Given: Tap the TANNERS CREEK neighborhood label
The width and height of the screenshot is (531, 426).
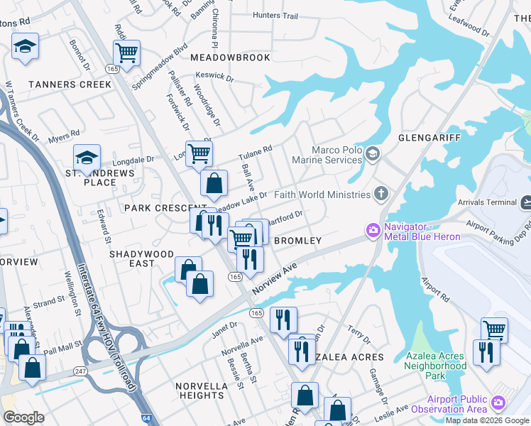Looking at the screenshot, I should click(70, 84).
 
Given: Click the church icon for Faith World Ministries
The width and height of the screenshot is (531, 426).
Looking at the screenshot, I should click(381, 194).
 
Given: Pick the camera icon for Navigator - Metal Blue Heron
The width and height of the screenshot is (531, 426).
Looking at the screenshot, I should click(373, 230).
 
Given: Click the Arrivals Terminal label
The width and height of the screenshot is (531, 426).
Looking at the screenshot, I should click(491, 202).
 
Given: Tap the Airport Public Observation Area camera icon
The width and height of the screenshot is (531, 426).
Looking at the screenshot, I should click(498, 403).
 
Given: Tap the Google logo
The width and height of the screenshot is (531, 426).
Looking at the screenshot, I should click(23, 417).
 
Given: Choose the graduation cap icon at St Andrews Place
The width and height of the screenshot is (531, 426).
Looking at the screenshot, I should click(87, 158).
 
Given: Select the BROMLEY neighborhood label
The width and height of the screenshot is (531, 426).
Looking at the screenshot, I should click(298, 241).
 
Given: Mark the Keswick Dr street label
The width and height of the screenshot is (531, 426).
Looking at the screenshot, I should click(212, 75).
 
